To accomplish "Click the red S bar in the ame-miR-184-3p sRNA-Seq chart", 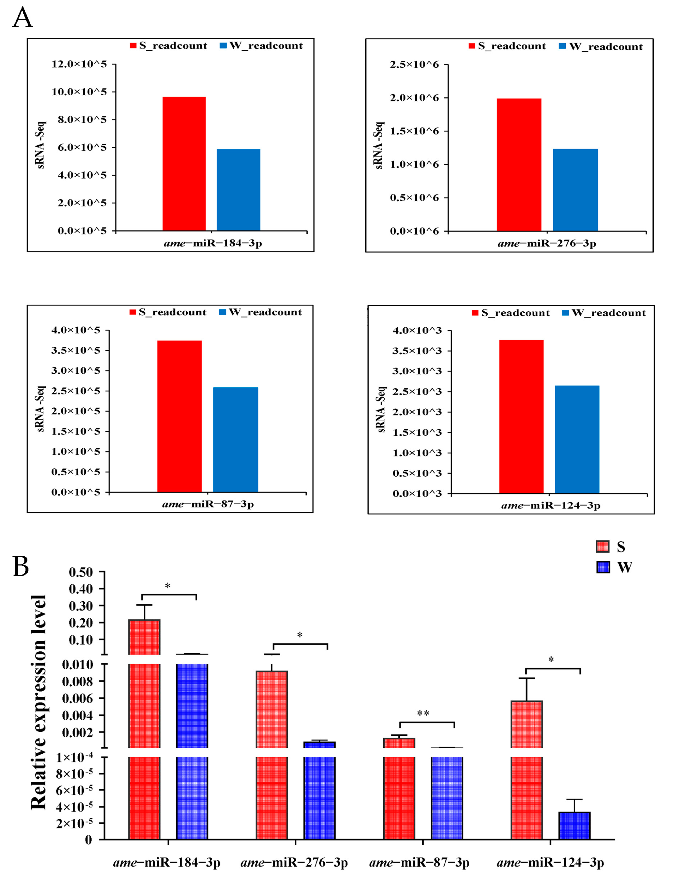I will (184, 163).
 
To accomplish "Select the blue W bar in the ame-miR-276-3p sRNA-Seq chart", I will (575, 190).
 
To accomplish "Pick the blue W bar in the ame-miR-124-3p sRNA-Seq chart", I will (577, 439).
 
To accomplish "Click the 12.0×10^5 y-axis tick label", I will (79, 64).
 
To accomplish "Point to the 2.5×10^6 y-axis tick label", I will (414, 65).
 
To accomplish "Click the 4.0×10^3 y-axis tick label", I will (417, 330).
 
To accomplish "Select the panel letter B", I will (21, 566).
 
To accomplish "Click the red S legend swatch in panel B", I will (603, 547).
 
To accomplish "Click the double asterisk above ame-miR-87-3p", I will (423, 714).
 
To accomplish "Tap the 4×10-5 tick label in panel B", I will (74, 807).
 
